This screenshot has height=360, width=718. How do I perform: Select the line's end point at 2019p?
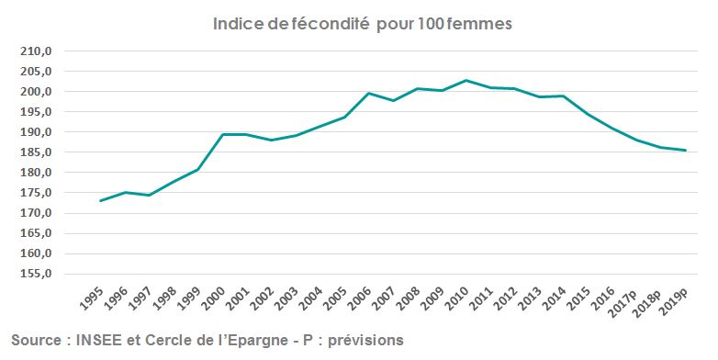tap(685, 151)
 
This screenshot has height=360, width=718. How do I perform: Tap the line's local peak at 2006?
tap(368, 93)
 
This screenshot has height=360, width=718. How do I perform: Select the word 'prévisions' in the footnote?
tap(365, 340)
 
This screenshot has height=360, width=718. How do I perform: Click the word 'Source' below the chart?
tap(37, 340)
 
